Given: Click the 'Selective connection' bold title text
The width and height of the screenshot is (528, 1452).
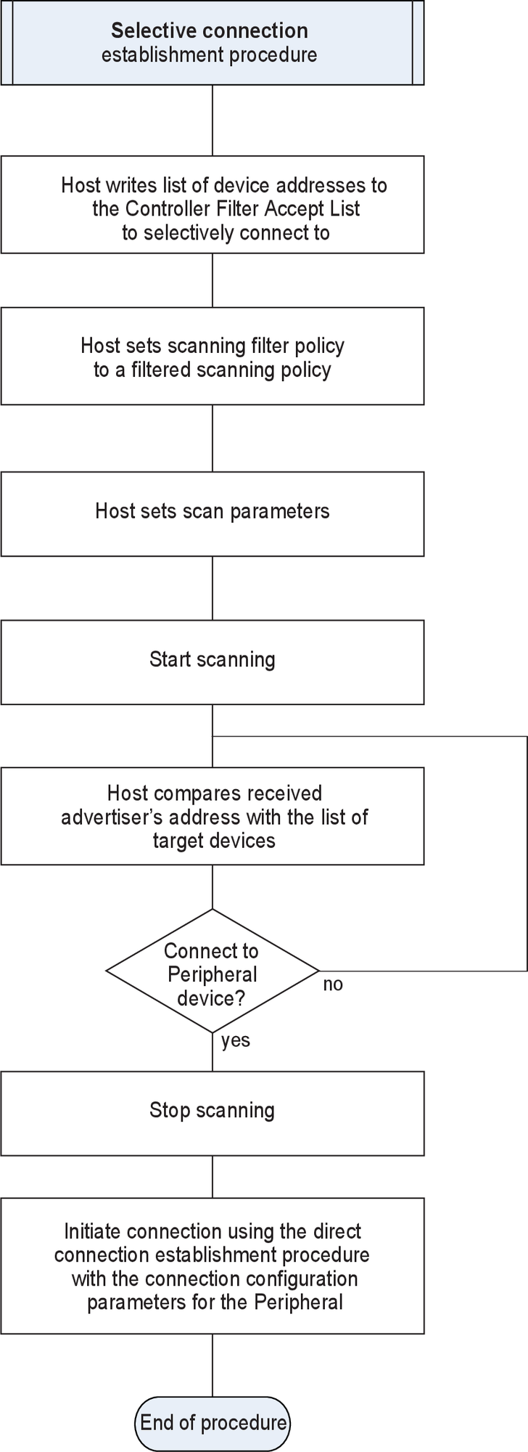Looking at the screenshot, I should coord(210,30).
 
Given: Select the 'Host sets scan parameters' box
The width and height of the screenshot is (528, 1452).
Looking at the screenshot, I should coord(212,513).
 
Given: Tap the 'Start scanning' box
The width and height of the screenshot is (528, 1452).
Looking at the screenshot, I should coord(212,661).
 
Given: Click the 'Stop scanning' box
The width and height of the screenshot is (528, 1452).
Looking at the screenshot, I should coord(212,1112).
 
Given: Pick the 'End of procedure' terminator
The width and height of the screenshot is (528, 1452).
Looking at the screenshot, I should coord(213,1422).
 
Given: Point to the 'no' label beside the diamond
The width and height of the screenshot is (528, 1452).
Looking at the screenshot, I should coord(333,985).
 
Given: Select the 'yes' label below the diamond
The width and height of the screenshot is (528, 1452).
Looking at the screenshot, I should coord(236,1040).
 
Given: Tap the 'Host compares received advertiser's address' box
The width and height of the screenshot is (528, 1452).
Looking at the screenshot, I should coord(212,816).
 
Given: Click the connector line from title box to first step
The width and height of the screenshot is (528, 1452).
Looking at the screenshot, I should coord(213,120).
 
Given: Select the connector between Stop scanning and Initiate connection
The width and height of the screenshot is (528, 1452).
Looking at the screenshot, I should coord(213,1176).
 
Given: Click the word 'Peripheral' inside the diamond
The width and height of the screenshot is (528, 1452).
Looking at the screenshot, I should coord(212,974).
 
